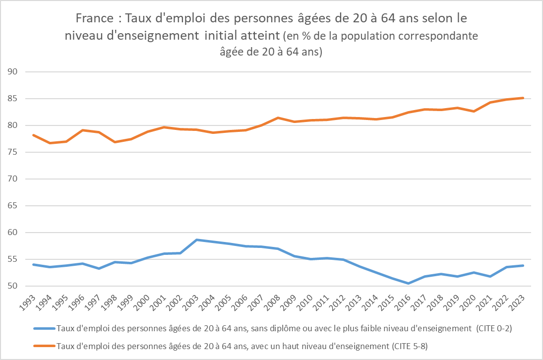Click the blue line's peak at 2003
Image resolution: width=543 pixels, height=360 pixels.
[x=197, y=240]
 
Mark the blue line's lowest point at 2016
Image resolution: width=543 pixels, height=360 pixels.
[x=409, y=283]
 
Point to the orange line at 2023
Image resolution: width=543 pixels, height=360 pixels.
[x=523, y=98]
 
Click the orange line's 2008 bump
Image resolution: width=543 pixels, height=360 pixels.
[x=279, y=118]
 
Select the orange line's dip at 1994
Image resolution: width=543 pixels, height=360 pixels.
[x=50, y=143]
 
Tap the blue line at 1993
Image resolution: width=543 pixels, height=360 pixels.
[x=34, y=264]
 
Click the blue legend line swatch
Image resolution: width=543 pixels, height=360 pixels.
[x=45, y=328]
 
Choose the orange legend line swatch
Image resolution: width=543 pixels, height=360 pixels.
[x=45, y=345]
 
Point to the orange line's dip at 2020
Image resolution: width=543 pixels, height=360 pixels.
[x=475, y=111]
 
